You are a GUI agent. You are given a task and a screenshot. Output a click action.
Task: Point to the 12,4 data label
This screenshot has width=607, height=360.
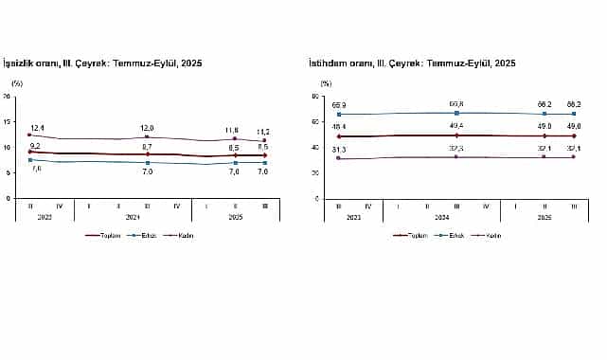tap(38, 127)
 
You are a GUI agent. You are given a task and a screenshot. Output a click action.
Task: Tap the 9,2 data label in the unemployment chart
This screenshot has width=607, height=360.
tap(34, 145)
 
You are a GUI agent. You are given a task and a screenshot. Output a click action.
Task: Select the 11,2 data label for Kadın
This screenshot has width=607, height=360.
tap(263, 132)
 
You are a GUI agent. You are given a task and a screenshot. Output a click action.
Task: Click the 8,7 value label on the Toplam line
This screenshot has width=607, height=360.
tap(147, 147)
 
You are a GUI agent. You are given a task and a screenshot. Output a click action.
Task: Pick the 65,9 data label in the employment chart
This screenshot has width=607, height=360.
tap(340, 105)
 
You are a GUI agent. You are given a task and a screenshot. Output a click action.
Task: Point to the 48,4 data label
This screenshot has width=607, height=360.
tap(340, 127)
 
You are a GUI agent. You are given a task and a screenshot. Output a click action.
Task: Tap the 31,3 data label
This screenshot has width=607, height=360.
tap(340, 150)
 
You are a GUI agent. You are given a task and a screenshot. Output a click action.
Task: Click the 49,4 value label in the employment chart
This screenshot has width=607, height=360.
tap(456, 126)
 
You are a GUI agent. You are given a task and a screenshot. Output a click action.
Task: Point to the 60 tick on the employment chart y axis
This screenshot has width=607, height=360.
tap(314, 122)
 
